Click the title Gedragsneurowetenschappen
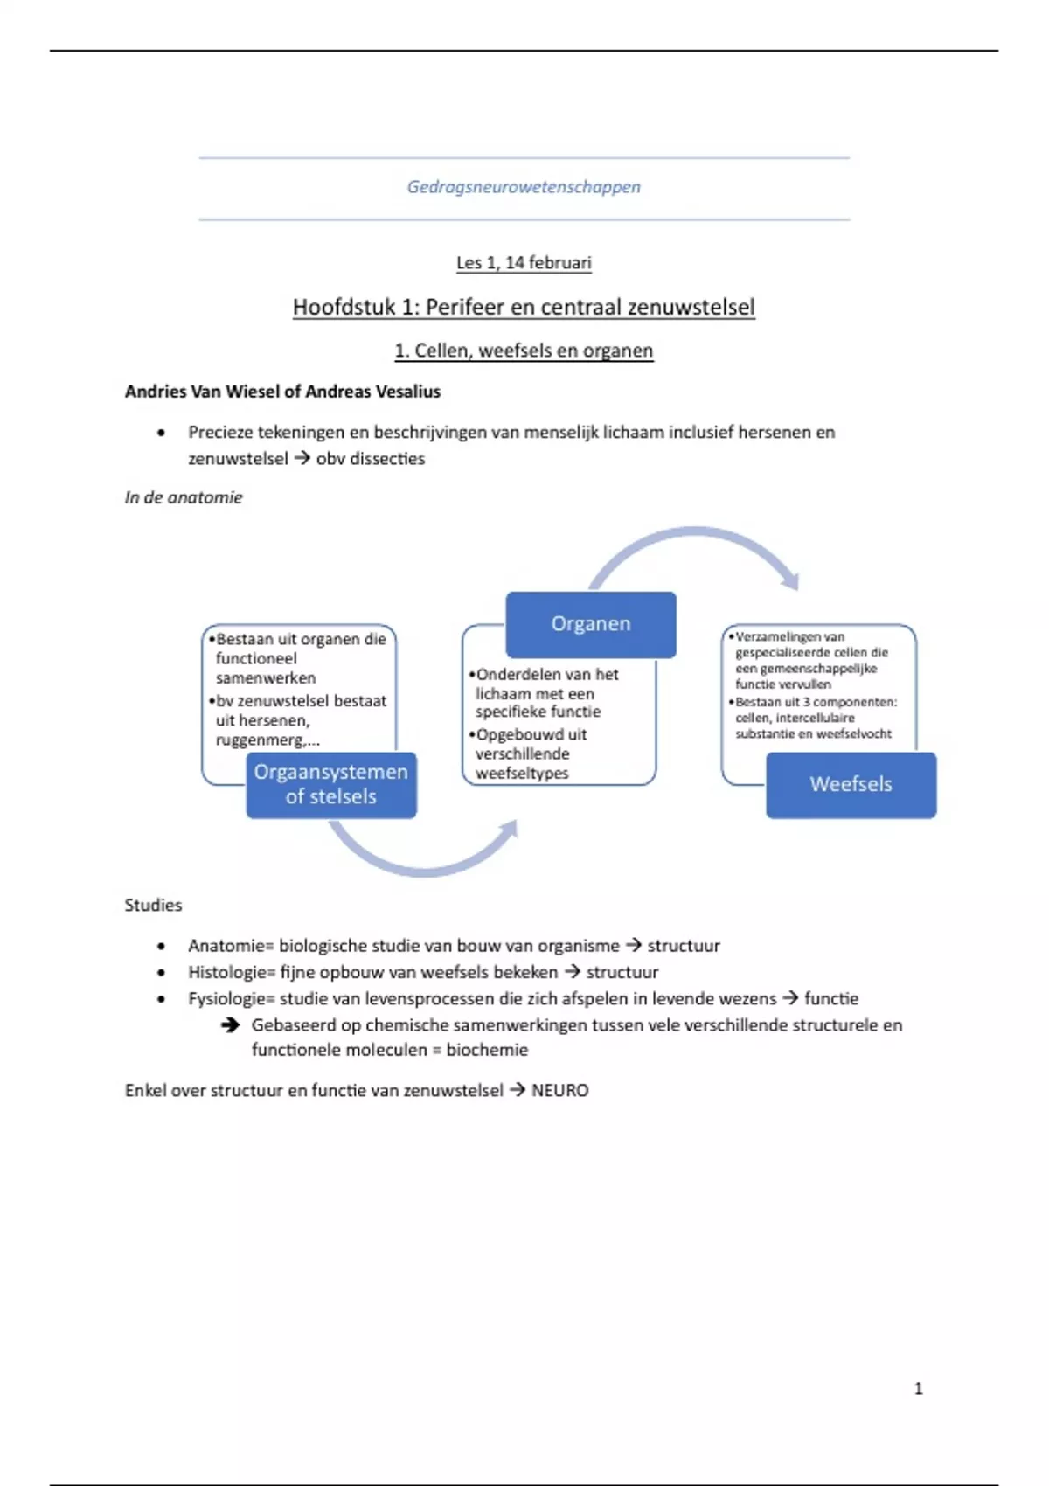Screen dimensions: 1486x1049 click(x=524, y=186)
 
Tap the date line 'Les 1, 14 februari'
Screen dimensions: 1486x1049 click(x=524, y=262)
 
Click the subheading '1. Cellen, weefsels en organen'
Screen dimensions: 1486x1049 click(x=524, y=351)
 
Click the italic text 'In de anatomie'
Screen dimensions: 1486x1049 click(x=184, y=497)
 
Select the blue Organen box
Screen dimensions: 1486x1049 click(x=591, y=624)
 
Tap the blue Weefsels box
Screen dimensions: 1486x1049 click(x=851, y=784)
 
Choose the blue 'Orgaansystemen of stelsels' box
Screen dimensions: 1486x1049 click(x=331, y=784)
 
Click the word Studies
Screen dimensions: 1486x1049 click(x=153, y=906)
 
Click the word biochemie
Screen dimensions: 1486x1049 click(x=487, y=1050)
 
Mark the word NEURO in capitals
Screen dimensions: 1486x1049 click(x=560, y=1090)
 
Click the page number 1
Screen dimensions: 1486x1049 click(x=918, y=1388)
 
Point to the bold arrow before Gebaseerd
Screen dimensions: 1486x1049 click(x=230, y=1024)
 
